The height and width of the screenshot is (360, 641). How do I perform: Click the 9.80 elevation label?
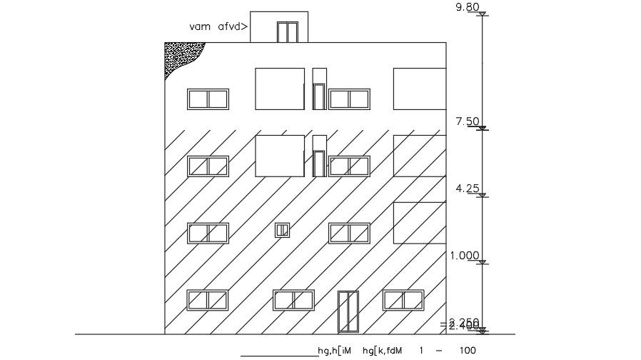coord(468,7)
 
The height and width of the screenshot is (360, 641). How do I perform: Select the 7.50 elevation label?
coord(467,121)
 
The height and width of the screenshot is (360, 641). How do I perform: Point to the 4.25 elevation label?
coord(468,189)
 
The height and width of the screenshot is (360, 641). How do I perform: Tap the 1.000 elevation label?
coord(464,255)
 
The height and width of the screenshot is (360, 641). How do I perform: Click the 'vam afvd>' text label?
coord(218,26)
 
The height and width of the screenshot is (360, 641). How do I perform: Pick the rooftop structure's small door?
coord(287,32)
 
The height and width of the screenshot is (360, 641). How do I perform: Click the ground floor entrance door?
coord(348,312)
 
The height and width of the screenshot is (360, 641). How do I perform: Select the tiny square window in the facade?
coord(283,230)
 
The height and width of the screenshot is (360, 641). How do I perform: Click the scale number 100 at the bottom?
coord(467,351)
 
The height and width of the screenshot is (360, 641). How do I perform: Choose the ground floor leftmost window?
coord(208,300)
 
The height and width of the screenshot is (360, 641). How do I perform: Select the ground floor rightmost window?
coord(403,300)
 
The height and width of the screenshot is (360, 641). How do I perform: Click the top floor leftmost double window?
coord(208,99)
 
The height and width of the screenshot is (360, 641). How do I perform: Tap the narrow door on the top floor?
coord(319,96)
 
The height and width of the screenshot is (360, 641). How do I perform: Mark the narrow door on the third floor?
coord(319,164)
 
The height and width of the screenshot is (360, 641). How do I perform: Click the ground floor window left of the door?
coord(293,300)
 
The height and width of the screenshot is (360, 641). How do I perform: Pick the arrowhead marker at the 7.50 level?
coord(483,129)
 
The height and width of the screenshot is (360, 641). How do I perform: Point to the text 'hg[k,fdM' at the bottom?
coord(385,351)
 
